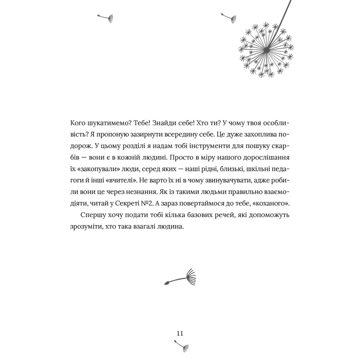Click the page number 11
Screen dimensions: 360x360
point(180,333)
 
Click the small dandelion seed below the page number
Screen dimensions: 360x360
point(183,346)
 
